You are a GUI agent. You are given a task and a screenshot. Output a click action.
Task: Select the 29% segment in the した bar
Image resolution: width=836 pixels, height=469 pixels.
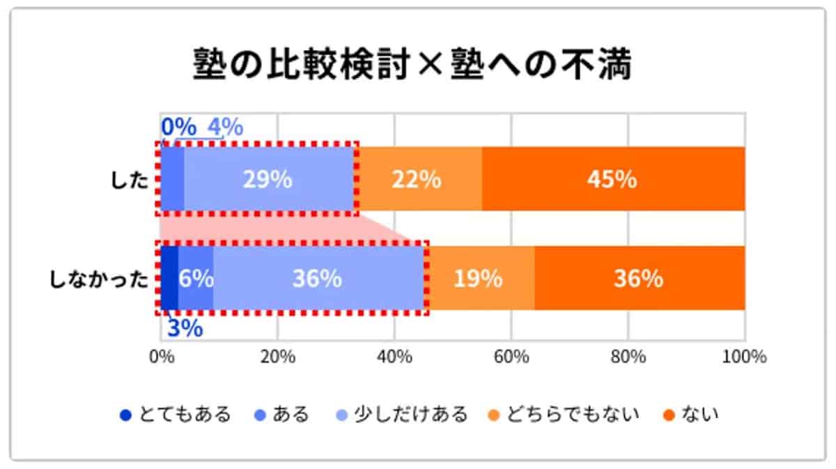coord(267,179)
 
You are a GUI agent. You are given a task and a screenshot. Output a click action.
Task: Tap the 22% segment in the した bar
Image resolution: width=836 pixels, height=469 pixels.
coord(417,179)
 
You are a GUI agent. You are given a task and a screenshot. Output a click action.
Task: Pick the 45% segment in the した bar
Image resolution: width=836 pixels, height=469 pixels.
coord(612,179)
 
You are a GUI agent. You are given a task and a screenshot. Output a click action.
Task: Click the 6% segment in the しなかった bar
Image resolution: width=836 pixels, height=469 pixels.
coord(196,279)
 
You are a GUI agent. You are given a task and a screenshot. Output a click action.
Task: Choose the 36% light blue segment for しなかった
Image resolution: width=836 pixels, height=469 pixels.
coord(317,279)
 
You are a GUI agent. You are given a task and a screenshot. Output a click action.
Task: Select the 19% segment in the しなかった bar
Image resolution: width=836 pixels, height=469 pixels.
coord(479,279)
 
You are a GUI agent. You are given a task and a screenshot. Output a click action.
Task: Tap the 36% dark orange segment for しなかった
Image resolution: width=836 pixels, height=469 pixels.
coord(638,279)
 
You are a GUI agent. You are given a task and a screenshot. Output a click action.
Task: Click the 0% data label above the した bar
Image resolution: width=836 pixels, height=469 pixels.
coord(178,128)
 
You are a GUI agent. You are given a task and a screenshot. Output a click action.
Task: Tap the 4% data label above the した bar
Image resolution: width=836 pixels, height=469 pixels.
coord(225,128)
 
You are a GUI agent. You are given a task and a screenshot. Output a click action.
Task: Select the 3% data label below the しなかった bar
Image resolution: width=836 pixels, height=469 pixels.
coord(185,328)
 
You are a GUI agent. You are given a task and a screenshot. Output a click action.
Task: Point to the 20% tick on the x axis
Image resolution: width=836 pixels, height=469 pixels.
coord(278,357)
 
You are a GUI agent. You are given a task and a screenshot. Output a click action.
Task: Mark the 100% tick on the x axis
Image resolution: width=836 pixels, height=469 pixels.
coord(744,357)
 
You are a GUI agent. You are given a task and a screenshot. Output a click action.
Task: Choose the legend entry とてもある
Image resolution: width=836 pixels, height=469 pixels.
coord(176,415)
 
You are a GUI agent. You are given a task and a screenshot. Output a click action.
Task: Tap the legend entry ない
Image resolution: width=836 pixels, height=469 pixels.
coord(691,415)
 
